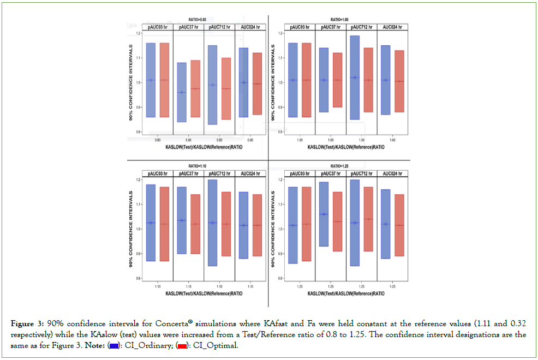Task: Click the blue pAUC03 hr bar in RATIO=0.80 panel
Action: coord(151,80)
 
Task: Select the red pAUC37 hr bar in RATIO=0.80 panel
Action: coord(196,88)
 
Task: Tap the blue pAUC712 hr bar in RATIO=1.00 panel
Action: coord(355,77)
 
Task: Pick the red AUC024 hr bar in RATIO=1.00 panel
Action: coord(399,81)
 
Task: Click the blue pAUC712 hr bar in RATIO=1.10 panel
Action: coord(212,223)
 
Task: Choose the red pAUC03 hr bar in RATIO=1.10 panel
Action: coord(164,224)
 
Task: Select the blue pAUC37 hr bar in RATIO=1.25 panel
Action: coord(324,214)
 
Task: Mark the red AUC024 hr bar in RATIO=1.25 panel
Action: coord(399,225)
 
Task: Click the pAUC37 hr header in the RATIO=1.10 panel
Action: coord(188,173)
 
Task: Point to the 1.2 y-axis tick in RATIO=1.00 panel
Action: coord(280,33)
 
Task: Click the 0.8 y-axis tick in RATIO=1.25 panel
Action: coord(280,279)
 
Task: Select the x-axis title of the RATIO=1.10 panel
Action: coord(204,293)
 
